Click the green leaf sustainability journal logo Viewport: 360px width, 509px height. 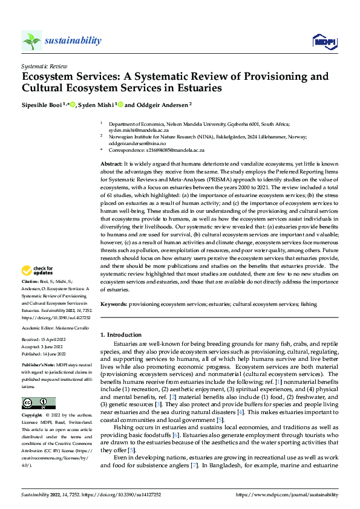pos(31,41)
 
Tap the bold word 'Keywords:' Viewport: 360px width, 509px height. pos(114,304)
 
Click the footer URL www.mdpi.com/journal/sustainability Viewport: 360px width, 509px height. pos(293,494)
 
